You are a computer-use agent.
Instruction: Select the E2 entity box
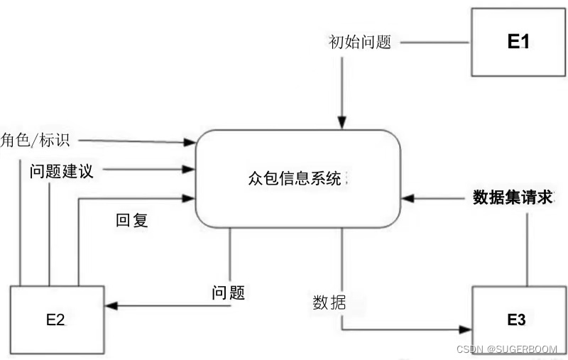[55, 319]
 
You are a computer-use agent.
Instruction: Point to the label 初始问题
[360, 42]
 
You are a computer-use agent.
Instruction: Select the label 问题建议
[61, 170]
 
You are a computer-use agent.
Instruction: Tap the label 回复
[132, 220]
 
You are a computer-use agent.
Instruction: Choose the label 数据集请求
[512, 197]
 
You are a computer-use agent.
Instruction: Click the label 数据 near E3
[329, 302]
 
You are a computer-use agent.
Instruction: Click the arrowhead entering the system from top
[342, 124]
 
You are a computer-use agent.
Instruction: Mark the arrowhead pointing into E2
[109, 306]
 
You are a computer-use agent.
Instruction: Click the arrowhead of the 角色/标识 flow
[190, 142]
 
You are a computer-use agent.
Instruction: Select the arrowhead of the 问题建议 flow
[190, 169]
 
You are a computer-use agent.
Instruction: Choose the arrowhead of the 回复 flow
[190, 198]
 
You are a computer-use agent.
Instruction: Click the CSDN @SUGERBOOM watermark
[507, 349]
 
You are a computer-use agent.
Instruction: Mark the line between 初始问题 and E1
[435, 42]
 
